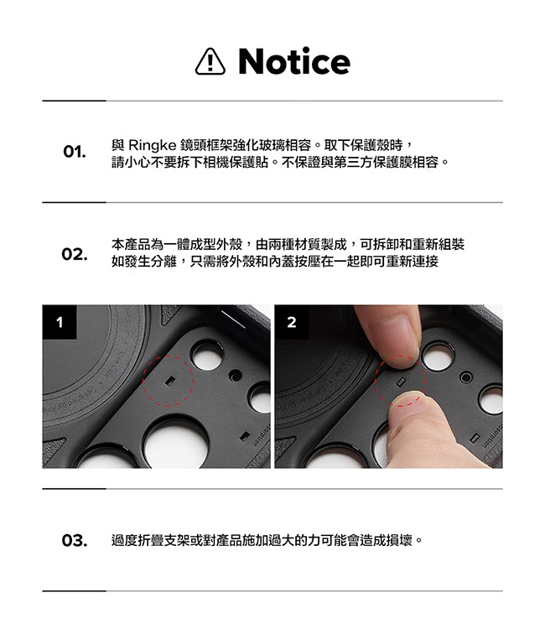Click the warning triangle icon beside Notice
tap(210, 61)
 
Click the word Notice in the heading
tap(294, 61)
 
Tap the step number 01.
tap(75, 152)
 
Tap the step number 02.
tap(75, 254)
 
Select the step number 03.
tap(75, 540)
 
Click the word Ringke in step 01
tap(152, 145)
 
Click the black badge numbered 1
tap(60, 322)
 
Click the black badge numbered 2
tap(292, 322)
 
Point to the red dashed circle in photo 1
tap(168, 356)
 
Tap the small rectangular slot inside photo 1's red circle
tap(170, 381)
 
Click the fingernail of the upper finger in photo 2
tap(393, 336)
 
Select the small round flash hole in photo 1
tap(236, 376)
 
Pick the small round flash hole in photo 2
tap(466, 377)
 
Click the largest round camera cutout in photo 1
tap(176, 443)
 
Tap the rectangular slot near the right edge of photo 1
tap(245, 436)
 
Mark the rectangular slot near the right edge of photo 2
tap(476, 439)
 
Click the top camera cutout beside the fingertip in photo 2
tap(439, 356)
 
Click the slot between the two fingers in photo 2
tap(401, 382)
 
